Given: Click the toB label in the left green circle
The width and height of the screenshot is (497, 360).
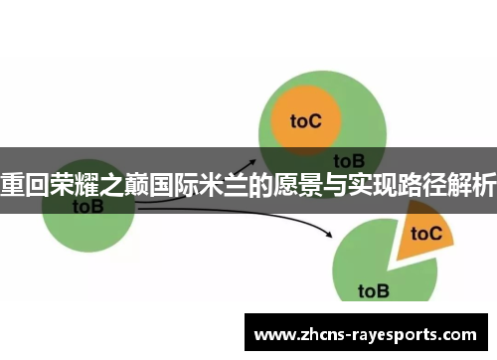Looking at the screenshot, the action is coord(88,207).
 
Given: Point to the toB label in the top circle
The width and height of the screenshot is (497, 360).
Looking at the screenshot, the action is coord(349,159).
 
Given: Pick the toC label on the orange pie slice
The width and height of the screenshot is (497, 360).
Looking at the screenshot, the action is coord(426,234).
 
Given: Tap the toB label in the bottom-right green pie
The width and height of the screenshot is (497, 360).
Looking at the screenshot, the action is coord(374,290).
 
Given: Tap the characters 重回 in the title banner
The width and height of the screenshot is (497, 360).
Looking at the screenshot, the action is coord(24,184).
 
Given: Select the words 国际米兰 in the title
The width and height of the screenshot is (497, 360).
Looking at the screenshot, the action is coord(198,184).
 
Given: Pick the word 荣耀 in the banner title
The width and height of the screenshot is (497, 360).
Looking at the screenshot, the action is coord(73,184).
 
